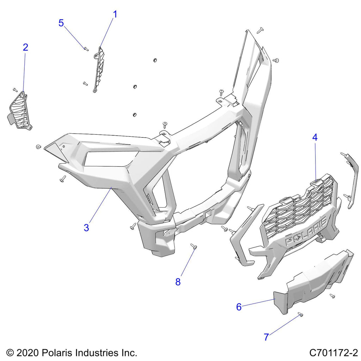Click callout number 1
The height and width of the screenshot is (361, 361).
[115, 14]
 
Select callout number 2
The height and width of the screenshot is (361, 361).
[25, 48]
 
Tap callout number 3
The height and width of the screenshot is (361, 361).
[86, 228]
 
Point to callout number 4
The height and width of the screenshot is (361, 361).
[315, 137]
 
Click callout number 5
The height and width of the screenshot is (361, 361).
[61, 23]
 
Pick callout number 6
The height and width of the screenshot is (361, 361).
[239, 307]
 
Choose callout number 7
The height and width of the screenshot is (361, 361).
[266, 337]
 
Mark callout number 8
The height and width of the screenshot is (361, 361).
[178, 282]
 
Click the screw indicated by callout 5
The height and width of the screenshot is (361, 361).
[85, 48]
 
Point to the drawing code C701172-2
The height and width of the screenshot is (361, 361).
[334, 353]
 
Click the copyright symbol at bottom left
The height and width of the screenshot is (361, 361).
[10, 353]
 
